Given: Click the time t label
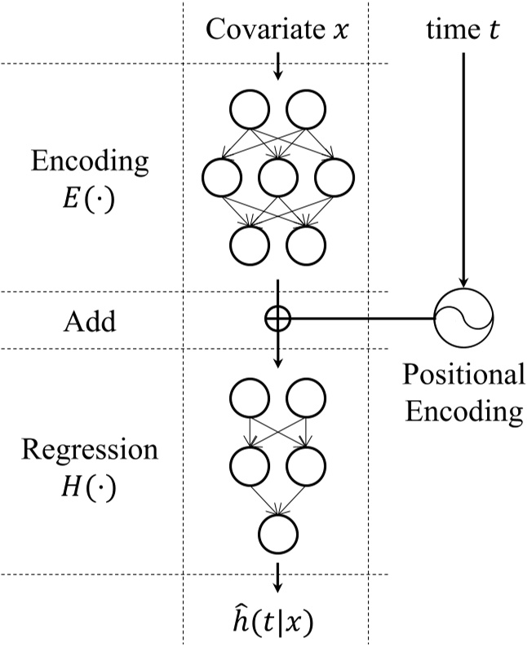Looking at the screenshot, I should pos(463,30).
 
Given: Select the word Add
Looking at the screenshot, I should pos(90,321).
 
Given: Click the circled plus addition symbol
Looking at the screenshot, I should pos(277,319).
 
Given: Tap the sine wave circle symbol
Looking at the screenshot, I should pos(463,320).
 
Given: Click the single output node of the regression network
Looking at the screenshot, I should pos(277,533).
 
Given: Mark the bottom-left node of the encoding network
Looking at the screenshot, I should pos(250,242).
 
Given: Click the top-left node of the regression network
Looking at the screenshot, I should pos(250,397).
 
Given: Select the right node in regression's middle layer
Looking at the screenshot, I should pos(305,465).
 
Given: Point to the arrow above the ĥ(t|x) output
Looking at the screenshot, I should pos(277,577).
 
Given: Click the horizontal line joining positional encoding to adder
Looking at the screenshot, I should pos(359,319).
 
